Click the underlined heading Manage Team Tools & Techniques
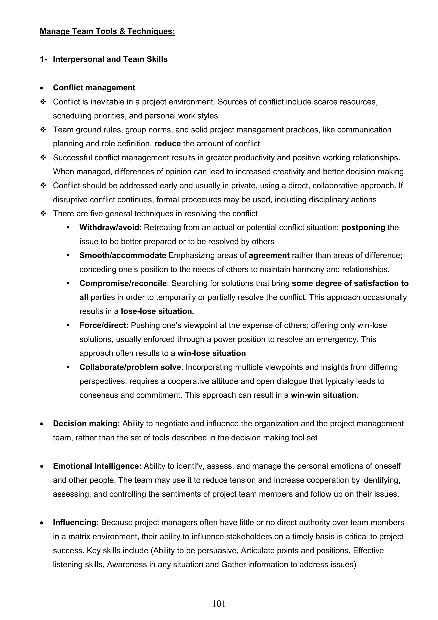[x=107, y=31]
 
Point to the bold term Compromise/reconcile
[x=123, y=283]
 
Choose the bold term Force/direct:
[x=104, y=325]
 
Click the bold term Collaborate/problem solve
[x=130, y=367]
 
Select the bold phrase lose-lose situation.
[x=157, y=311]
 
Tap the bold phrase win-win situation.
[x=325, y=395]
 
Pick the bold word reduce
[x=167, y=144]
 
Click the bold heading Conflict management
[x=94, y=88]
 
